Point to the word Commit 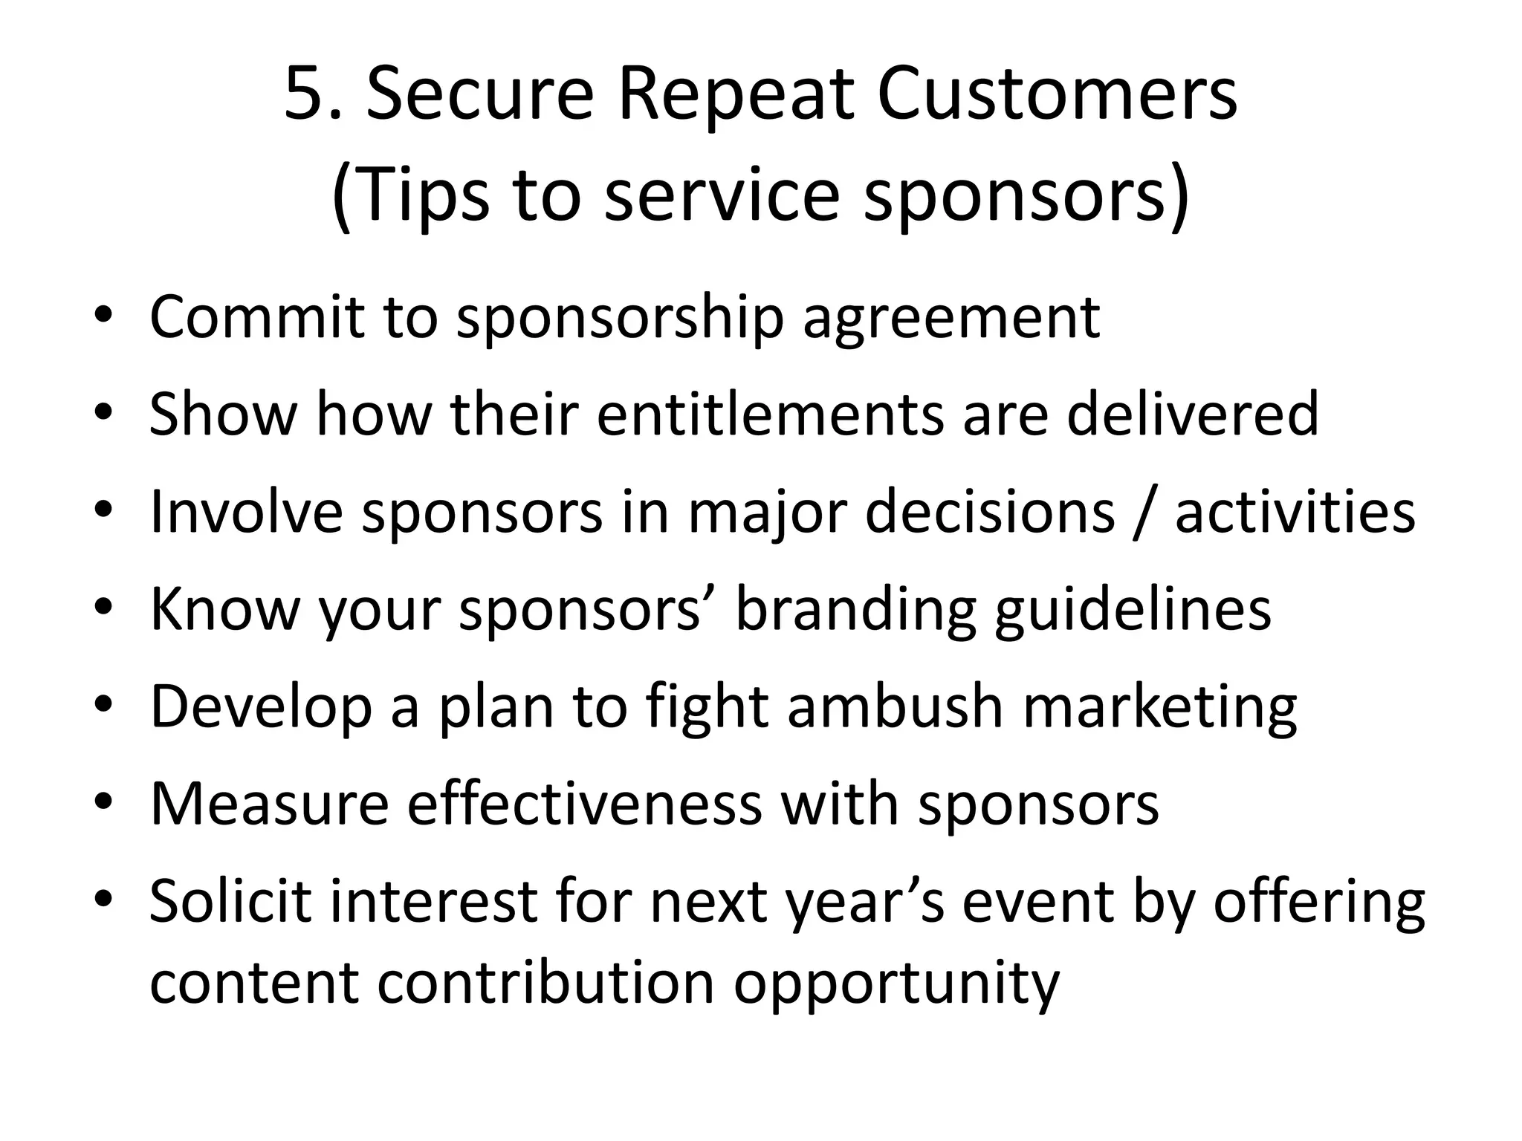(256, 318)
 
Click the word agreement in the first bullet (951, 318)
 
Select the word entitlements (769, 414)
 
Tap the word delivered (1192, 414)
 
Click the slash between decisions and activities (1145, 513)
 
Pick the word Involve (246, 513)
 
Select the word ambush (896, 706)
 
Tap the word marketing (1159, 706)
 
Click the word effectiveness (584, 804)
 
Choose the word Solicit (230, 901)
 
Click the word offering (1318, 901)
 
